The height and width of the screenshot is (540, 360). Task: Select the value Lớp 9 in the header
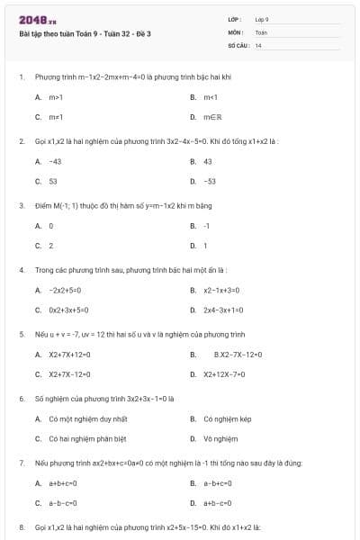pyautogui.click(x=262, y=19)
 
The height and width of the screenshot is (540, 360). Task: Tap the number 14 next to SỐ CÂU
pyautogui.click(x=258, y=45)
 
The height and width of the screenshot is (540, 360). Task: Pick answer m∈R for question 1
pyautogui.click(x=213, y=117)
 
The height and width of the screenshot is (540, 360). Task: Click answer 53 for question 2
pyautogui.click(x=53, y=181)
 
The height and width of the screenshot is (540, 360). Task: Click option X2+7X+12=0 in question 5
pyautogui.click(x=69, y=355)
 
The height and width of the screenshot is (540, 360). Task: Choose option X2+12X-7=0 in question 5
pyautogui.click(x=228, y=374)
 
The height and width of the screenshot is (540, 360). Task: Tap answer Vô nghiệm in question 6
pyautogui.click(x=220, y=438)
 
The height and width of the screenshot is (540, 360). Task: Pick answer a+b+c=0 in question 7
pyautogui.click(x=63, y=483)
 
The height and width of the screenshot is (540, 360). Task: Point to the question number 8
pyautogui.click(x=21, y=526)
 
